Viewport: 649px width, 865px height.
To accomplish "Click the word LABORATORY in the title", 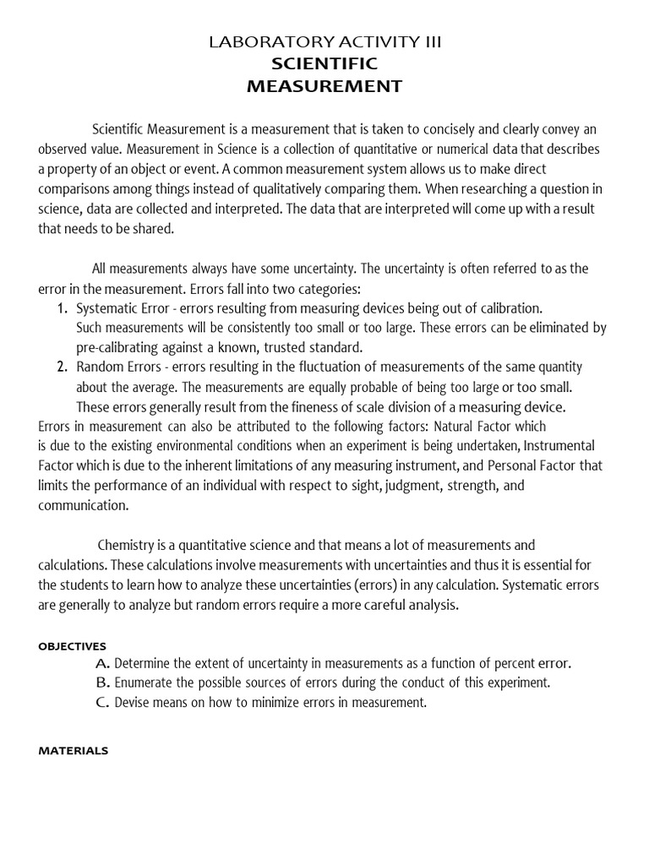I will [x=259, y=42].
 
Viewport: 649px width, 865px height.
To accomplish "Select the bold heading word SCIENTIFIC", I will [x=324, y=64].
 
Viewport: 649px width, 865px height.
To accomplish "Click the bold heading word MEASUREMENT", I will [x=324, y=86].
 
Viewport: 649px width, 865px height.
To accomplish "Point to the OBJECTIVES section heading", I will [x=73, y=646].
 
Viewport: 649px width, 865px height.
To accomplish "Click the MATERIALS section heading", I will [x=74, y=750].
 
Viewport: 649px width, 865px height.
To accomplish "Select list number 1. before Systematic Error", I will [x=62, y=308].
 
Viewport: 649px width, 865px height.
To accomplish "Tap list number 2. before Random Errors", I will [x=62, y=367].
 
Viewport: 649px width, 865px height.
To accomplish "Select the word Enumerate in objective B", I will [x=144, y=683].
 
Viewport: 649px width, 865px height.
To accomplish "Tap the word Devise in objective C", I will [x=131, y=702].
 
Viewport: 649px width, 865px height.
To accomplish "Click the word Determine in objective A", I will [x=144, y=663].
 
